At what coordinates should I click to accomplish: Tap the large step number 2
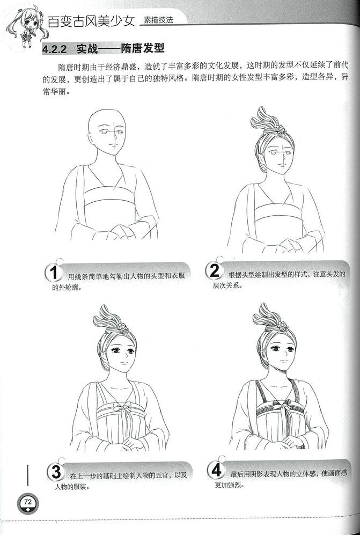tap(214, 270)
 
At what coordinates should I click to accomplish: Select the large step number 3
tap(56, 472)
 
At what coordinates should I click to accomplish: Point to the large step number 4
tap(216, 470)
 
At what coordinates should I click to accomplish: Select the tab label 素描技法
tap(158, 20)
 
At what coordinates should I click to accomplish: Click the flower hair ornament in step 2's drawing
tap(280, 129)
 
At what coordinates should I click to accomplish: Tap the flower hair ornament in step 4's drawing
tap(282, 326)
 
